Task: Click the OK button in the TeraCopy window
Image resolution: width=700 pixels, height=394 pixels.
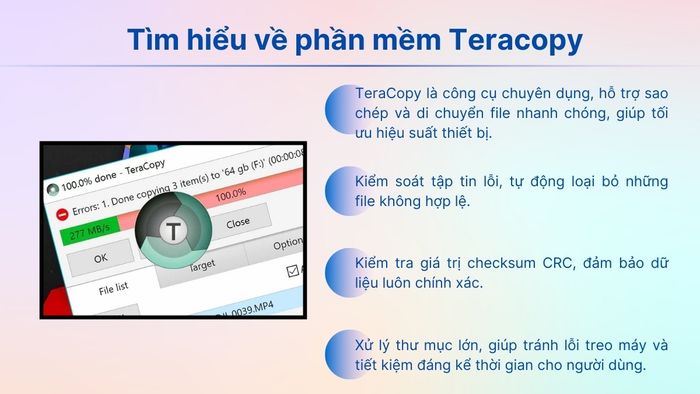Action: point(99,258)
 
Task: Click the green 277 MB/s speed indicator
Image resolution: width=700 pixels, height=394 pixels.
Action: point(88,234)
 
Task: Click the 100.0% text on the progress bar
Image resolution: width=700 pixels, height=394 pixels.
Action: point(232,192)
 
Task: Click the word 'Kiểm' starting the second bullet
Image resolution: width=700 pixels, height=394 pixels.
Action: point(376,181)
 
